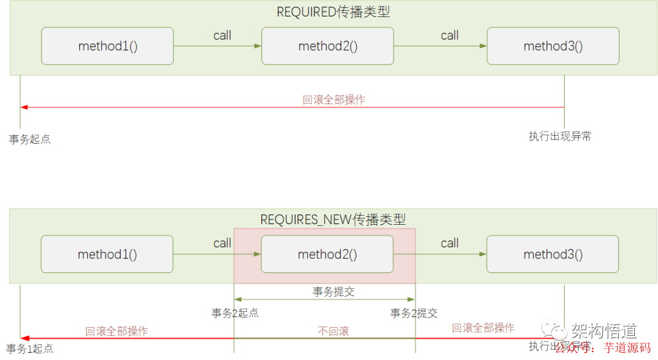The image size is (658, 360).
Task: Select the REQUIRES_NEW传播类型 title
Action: click(x=333, y=219)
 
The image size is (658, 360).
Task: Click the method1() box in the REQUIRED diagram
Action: click(x=107, y=46)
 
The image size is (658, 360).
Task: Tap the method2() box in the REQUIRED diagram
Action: click(x=327, y=46)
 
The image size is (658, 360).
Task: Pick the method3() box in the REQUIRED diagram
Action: click(x=553, y=46)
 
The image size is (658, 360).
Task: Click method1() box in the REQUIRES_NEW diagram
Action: click(x=107, y=254)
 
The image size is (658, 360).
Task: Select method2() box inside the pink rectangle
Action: click(x=327, y=254)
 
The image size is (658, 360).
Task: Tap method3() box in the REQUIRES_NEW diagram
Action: click(x=553, y=254)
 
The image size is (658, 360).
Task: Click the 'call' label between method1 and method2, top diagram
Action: click(x=222, y=35)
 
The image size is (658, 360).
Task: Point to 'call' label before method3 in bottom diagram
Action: click(x=450, y=243)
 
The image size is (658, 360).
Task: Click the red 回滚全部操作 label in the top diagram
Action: click(x=334, y=99)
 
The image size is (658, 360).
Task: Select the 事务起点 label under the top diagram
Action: click(x=30, y=139)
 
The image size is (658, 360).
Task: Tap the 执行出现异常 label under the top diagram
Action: click(x=559, y=136)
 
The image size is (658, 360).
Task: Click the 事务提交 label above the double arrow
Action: click(x=333, y=291)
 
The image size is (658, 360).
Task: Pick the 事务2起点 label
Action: click(x=235, y=313)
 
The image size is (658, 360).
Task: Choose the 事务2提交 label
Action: click(x=414, y=313)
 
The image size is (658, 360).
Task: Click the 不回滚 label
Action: click(x=333, y=331)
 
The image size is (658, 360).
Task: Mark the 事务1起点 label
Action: click(x=30, y=348)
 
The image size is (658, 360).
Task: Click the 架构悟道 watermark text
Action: click(x=604, y=331)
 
